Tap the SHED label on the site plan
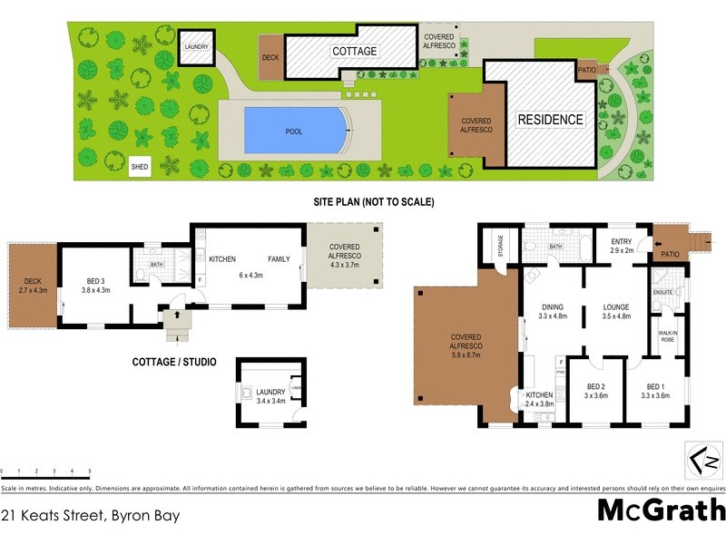pyautogui.click(x=140, y=167)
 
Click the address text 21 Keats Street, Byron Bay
pyautogui.click(x=91, y=516)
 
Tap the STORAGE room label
pyautogui.click(x=499, y=247)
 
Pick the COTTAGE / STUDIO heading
pyautogui.click(x=173, y=362)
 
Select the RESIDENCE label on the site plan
pyautogui.click(x=550, y=120)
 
